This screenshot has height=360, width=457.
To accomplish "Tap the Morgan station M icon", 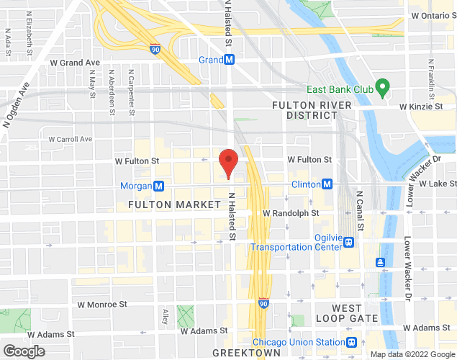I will coord(159,186).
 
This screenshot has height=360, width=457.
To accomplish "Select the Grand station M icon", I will coord(229,60).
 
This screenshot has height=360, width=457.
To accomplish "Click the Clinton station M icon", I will coord(327,184).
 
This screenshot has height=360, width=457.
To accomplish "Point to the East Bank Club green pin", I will coord(383,89).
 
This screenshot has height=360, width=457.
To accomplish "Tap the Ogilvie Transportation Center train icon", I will coord(349,242).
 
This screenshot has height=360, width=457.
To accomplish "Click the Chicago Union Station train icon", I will coord(352,342).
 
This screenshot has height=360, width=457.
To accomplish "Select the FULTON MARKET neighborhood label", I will coord(174,204).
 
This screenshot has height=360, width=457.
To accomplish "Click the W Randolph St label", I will coord(291,213).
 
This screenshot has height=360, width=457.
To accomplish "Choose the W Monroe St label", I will coord(103,305).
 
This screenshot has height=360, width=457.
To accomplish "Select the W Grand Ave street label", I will coord(75,63).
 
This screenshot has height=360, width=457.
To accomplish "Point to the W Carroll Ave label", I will coord(71,139).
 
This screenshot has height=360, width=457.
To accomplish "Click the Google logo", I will coord(23,351).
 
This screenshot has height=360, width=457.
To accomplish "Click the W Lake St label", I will coord(433,184).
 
